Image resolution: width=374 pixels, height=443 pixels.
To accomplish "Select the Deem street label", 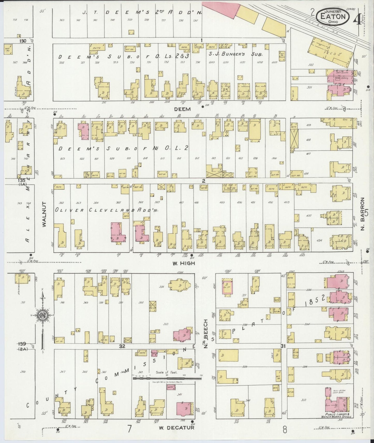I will tap(182, 109).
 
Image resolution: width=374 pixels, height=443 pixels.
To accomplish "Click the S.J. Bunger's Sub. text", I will tap(236, 55).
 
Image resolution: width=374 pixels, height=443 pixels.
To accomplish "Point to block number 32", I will tap(122, 346).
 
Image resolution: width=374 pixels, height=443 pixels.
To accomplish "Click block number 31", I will tap(283, 346).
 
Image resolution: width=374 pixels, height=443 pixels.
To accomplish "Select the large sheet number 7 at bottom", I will tap(129, 429).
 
